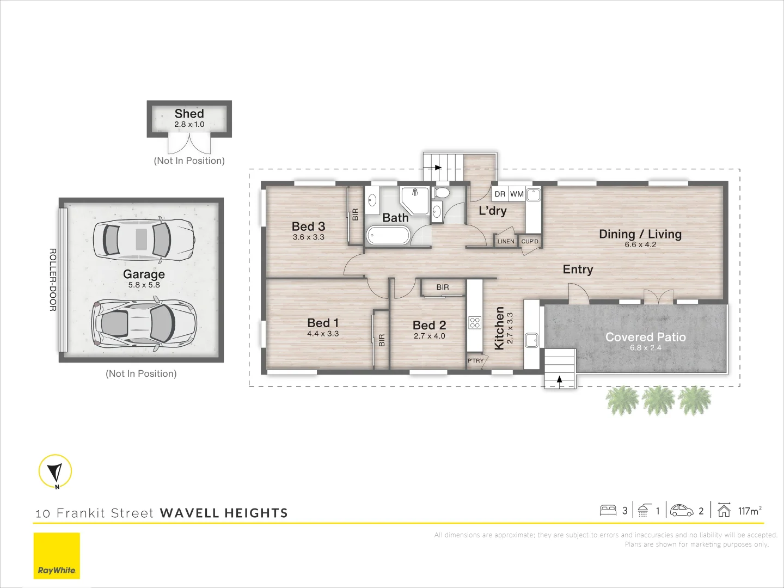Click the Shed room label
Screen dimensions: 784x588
pyautogui.click(x=189, y=114)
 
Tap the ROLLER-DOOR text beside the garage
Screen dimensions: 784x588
pyautogui.click(x=53, y=280)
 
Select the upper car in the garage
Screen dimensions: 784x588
pyautogui.click(x=144, y=239)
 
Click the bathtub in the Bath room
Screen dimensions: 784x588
pyautogui.click(x=388, y=235)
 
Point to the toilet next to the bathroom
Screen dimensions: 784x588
pyautogui.click(x=442, y=193)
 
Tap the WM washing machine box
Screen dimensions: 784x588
pyautogui.click(x=517, y=194)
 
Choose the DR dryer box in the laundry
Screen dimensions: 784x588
pyautogui.click(x=500, y=194)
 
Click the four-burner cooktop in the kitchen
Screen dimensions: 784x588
pyautogui.click(x=475, y=323)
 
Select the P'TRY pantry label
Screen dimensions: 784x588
pyautogui.click(x=475, y=361)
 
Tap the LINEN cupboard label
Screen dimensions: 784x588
pyautogui.click(x=506, y=241)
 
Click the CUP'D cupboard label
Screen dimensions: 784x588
pyautogui.click(x=530, y=241)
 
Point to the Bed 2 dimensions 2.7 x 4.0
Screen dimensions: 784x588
pyautogui.click(x=430, y=336)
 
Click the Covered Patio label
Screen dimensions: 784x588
pyautogui.click(x=645, y=337)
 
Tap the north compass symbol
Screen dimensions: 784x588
pyautogui.click(x=56, y=471)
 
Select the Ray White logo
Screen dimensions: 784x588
pyautogui.click(x=57, y=556)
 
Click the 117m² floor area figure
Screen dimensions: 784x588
pyautogui.click(x=750, y=511)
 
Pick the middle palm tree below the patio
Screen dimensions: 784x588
pyautogui.click(x=658, y=400)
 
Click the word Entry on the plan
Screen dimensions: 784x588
pyautogui.click(x=578, y=269)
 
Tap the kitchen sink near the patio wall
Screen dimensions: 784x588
pyautogui.click(x=531, y=340)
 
